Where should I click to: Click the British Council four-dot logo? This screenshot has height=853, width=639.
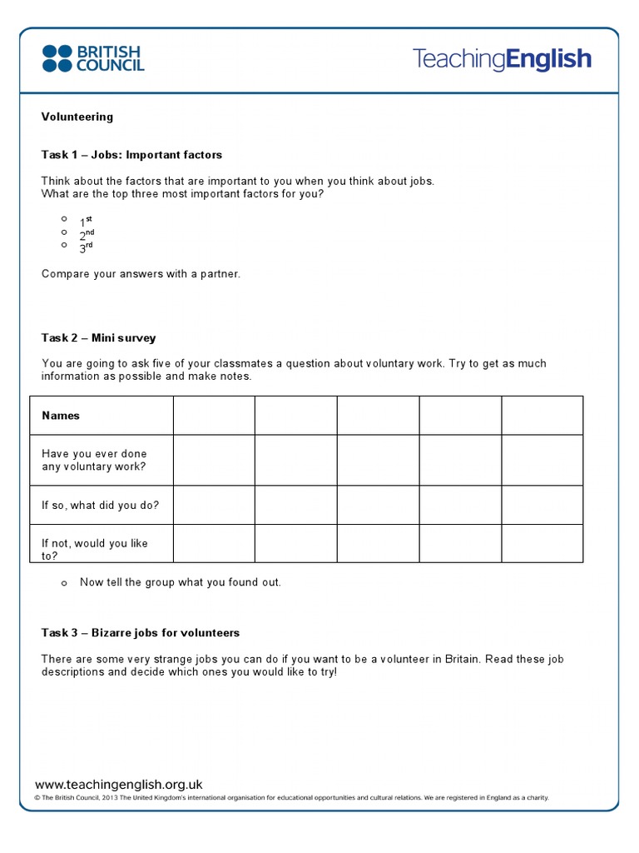click(57, 58)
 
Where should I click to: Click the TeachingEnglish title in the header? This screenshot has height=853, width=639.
click(502, 59)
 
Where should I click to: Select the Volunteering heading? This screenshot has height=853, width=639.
click(77, 117)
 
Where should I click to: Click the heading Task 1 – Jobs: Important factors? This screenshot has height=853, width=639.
click(131, 155)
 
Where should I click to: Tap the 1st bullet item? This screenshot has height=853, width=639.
click(86, 220)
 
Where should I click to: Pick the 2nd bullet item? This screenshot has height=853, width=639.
click(87, 234)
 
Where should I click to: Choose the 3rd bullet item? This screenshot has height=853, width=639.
click(86, 247)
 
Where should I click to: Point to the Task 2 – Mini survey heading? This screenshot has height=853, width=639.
click(98, 338)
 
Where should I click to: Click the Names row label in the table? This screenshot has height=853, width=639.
click(61, 416)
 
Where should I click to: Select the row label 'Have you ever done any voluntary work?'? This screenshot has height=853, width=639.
click(94, 461)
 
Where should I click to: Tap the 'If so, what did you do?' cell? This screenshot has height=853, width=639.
click(100, 505)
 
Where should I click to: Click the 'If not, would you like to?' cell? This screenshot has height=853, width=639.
click(94, 549)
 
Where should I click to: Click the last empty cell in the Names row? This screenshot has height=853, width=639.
click(542, 416)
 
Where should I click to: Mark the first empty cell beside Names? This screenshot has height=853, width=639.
click(214, 416)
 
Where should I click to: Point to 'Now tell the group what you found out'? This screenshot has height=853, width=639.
click(180, 582)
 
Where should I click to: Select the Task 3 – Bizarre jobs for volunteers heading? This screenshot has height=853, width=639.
click(140, 633)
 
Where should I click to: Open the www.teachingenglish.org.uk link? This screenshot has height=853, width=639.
click(119, 785)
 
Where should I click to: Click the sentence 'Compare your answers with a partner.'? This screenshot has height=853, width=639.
click(141, 274)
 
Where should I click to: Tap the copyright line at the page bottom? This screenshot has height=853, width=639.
click(291, 798)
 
